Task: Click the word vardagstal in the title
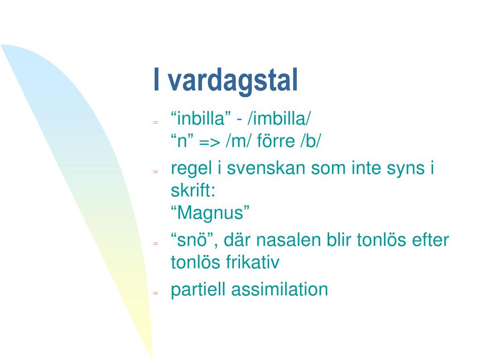(233, 81)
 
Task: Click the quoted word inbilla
(201, 119)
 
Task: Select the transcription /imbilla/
(279, 119)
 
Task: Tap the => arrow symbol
(210, 142)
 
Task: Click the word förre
(276, 141)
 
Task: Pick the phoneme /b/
(311, 141)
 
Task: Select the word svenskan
(266, 168)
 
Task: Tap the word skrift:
(193, 190)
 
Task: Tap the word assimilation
(279, 289)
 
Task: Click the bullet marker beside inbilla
(156, 122)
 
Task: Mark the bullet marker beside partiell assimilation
(156, 293)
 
